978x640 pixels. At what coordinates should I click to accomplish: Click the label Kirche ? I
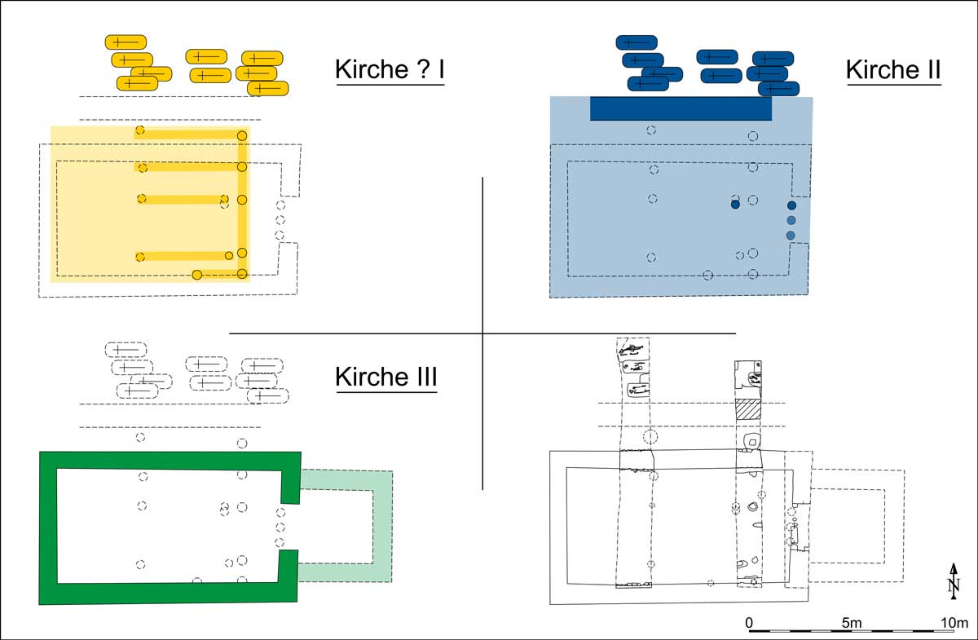(390, 70)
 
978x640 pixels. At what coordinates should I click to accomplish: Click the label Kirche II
(893, 70)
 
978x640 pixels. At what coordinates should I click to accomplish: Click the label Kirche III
(386, 377)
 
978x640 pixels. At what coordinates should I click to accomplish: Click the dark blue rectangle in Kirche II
(681, 108)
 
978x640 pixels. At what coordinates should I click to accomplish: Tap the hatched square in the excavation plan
(747, 409)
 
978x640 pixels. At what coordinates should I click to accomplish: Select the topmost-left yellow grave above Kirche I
(126, 42)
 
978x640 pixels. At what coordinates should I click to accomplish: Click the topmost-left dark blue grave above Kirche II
(637, 42)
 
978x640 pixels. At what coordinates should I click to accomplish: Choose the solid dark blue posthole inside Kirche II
(735, 205)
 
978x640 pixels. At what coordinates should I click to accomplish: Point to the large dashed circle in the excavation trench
(650, 437)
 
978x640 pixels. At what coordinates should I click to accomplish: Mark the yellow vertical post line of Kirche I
(242, 204)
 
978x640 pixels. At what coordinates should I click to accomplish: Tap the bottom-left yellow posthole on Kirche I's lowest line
(197, 275)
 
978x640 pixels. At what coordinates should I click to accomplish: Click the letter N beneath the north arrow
(954, 585)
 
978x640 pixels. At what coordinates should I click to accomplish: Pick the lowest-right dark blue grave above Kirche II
(779, 88)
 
